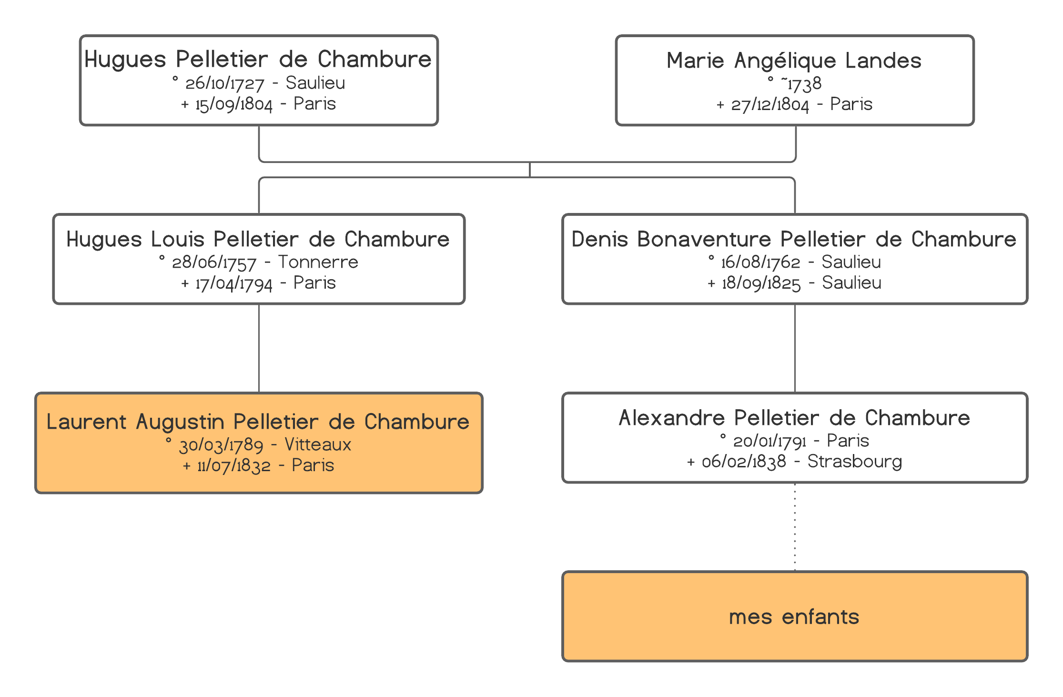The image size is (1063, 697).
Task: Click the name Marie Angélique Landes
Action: [794, 61]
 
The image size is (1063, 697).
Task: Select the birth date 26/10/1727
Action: [225, 83]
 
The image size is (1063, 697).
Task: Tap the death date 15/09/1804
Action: [234, 104]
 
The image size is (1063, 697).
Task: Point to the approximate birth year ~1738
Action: [801, 84]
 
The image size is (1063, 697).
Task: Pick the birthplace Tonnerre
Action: [318, 262]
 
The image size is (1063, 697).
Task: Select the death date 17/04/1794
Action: [234, 283]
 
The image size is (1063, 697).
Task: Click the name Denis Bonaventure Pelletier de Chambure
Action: [794, 239]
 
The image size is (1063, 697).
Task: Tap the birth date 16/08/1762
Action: [760, 262]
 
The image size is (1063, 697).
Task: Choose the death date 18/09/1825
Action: [761, 283]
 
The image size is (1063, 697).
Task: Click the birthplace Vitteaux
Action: [318, 444]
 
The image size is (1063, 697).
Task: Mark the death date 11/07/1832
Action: [234, 466]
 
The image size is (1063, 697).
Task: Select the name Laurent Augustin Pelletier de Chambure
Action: [258, 422]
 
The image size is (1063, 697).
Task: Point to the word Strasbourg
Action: [855, 462]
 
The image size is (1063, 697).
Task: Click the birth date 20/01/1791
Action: [769, 441]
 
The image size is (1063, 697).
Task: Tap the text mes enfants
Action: [794, 617]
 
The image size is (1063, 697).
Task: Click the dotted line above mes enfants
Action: [795, 527]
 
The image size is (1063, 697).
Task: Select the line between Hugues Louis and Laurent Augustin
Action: [259, 348]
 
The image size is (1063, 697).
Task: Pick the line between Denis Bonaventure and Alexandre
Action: [795, 348]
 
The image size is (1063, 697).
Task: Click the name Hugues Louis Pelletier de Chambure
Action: [258, 239]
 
